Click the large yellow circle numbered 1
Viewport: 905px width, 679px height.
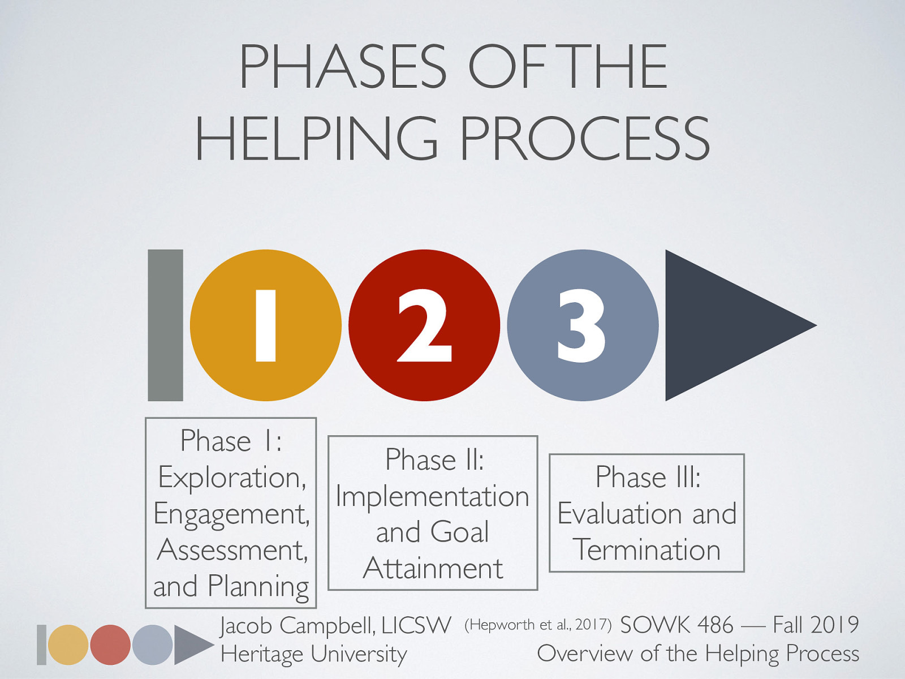[x=266, y=325]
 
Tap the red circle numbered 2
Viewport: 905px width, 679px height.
[x=424, y=325]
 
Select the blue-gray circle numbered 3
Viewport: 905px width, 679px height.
[x=583, y=325]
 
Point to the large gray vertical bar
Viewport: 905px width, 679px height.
[x=165, y=325]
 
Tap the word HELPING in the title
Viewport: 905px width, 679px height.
[x=317, y=139]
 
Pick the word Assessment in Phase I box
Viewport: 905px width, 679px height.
[x=232, y=550]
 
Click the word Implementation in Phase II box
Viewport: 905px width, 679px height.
[x=432, y=496]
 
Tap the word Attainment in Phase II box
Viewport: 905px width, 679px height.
[x=433, y=568]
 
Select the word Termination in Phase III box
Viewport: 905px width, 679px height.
[x=647, y=550]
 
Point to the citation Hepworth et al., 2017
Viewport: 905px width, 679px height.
[x=537, y=625]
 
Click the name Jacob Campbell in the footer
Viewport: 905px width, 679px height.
[x=297, y=625]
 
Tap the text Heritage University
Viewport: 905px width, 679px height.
[x=313, y=654]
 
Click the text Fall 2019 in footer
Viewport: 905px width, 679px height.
[x=815, y=625]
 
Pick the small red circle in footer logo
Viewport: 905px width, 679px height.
[x=110, y=644]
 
